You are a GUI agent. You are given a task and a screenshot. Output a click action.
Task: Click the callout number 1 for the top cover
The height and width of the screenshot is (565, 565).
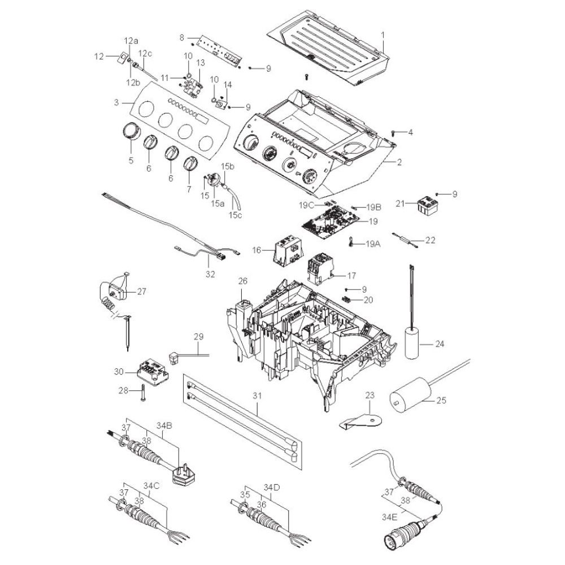click(383, 35)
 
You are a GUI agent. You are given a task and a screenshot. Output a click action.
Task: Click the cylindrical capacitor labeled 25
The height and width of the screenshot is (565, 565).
click(411, 395)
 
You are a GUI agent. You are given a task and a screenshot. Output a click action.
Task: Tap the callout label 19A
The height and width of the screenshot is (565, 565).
click(373, 244)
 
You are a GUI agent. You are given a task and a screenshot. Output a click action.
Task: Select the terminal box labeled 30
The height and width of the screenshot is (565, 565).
click(153, 372)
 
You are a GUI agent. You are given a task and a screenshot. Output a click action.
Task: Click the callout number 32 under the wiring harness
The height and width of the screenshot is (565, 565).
click(210, 274)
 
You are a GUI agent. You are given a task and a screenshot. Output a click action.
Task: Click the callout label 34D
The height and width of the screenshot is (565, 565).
click(271, 488)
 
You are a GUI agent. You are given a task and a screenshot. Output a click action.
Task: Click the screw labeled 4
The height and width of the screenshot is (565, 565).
click(393, 133)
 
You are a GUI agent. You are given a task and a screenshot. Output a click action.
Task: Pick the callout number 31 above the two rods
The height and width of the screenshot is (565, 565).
click(257, 395)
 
